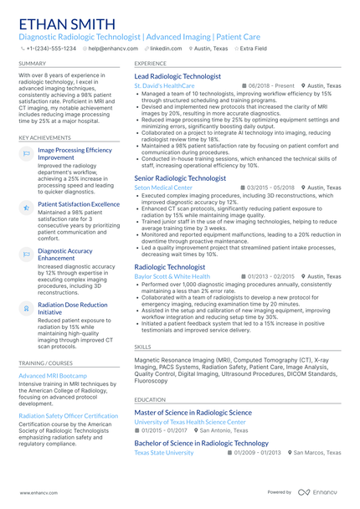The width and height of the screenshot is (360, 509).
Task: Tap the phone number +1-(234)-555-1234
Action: (50, 49)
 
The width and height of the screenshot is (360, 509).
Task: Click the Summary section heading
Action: (33, 63)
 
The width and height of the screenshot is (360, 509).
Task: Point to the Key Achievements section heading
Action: (44, 137)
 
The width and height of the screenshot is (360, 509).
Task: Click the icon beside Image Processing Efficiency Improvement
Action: (26, 154)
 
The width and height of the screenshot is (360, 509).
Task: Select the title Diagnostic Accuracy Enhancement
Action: (65, 254)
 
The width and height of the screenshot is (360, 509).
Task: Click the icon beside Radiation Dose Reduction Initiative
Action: (26, 309)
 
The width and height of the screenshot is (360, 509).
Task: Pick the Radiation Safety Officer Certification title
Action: (69, 415)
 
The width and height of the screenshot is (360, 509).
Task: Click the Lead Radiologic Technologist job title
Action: (177, 76)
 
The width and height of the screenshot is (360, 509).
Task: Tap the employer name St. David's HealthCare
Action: (164, 86)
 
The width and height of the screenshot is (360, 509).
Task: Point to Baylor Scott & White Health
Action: (172, 276)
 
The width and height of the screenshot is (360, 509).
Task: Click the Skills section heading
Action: (143, 346)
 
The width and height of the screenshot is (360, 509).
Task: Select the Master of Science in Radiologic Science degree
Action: (193, 413)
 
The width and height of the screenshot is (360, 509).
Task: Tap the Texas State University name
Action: (164, 453)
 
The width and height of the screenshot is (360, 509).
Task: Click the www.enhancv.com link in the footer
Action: (39, 493)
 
